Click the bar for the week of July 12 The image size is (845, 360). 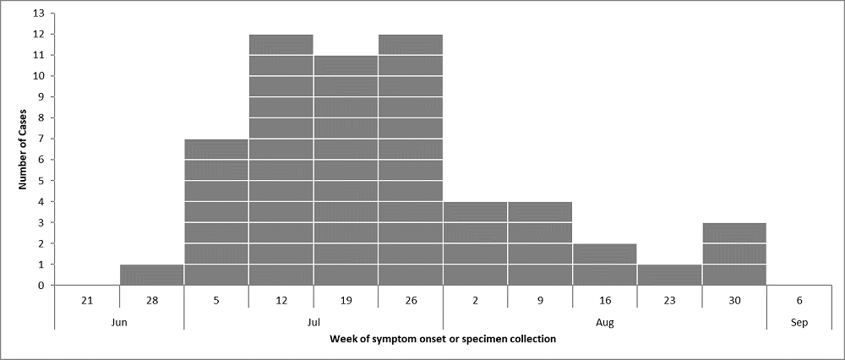point(281,160)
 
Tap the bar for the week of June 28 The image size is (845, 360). point(152,275)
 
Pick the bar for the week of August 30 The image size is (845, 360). point(733,254)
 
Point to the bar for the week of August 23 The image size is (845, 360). point(669,275)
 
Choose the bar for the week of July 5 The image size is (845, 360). point(216,212)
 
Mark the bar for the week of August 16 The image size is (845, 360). point(604,265)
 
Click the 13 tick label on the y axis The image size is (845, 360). point(39,14)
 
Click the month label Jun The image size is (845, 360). point(119,322)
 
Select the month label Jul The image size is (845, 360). point(313,322)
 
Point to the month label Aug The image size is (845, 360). point(604,322)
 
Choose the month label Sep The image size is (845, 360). point(799,322)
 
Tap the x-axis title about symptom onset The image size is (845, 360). point(443,340)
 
